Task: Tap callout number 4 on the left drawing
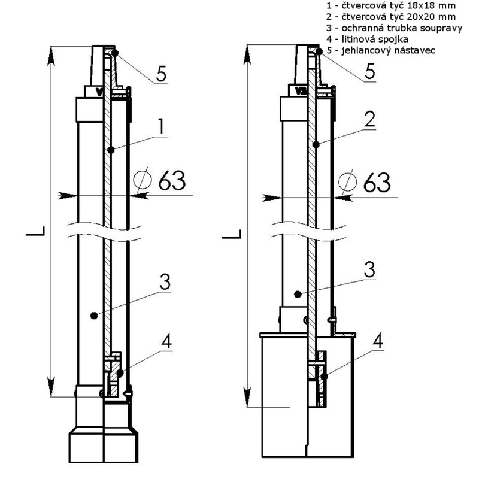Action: [x=168, y=342]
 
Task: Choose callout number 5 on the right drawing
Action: [x=370, y=71]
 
